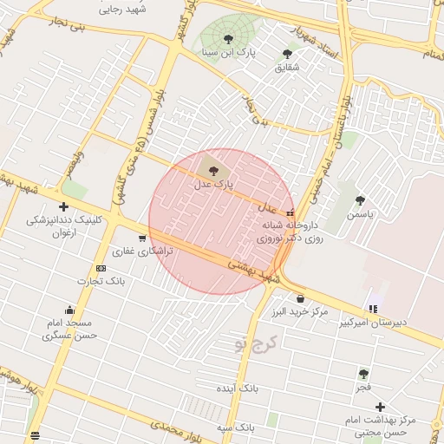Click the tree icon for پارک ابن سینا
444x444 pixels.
(228, 39)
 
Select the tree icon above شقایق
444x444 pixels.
(287, 54)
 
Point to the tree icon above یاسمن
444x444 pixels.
(360, 200)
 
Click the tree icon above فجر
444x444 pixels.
(363, 374)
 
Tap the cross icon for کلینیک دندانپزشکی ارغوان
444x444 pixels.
(63, 206)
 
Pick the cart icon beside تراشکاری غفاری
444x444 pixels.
(142, 238)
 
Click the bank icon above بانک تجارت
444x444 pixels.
(101, 268)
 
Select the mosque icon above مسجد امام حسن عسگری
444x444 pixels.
(69, 310)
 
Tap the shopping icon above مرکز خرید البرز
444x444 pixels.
(300, 298)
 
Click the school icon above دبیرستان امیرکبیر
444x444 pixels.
(373, 308)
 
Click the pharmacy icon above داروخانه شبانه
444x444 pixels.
(290, 212)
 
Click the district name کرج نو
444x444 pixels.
(252, 343)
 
